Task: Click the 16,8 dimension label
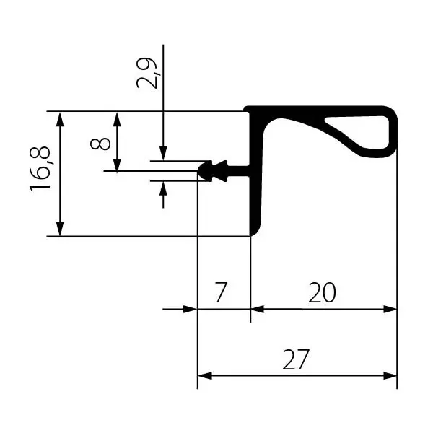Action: (x=40, y=169)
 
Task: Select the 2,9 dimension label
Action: (x=147, y=73)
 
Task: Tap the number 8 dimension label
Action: (x=100, y=144)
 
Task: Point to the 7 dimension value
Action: (x=221, y=292)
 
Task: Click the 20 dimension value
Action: (x=322, y=292)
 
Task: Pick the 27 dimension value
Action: (x=295, y=359)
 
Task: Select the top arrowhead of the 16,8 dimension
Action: (x=60, y=119)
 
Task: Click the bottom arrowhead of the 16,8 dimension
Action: (x=60, y=229)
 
